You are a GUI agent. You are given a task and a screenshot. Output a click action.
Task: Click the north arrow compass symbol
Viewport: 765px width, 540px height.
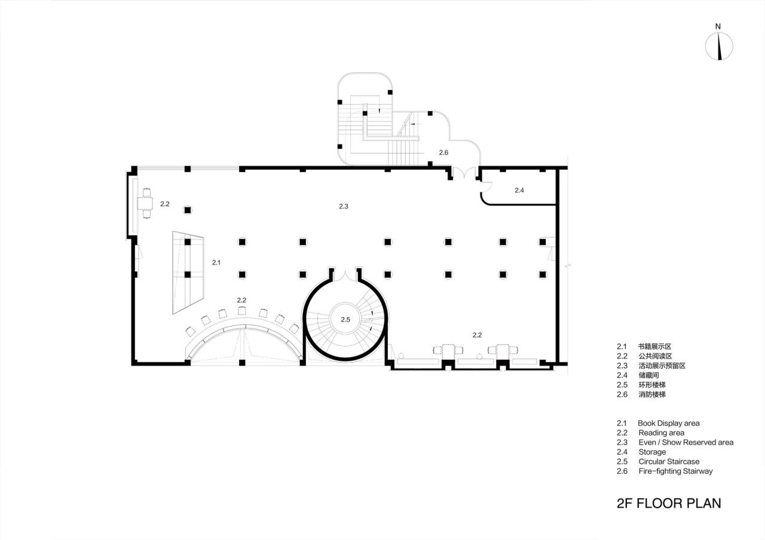(719, 47)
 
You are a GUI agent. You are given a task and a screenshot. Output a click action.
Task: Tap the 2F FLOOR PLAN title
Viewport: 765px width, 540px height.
(669, 503)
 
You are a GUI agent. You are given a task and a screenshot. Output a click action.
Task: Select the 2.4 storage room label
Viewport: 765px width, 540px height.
(519, 191)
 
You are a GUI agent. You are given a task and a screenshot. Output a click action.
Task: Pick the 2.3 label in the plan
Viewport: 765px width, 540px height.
(343, 206)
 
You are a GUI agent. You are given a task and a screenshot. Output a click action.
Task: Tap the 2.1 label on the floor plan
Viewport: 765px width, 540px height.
(216, 262)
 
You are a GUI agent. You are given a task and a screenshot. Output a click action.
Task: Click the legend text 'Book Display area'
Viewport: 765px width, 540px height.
(668, 423)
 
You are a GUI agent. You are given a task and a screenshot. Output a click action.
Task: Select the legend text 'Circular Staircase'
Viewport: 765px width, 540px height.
(668, 461)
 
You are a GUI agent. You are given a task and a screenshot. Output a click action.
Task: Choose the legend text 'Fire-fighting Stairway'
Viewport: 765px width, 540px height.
(675, 471)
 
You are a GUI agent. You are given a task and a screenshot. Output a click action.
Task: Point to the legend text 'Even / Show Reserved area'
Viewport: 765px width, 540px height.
(686, 442)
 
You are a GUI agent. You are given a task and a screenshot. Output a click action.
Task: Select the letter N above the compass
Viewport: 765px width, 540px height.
(718, 26)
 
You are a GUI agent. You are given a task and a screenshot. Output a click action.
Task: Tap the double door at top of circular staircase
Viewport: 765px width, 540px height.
(345, 276)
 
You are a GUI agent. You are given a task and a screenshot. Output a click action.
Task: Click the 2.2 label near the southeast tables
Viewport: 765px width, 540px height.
(477, 335)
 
